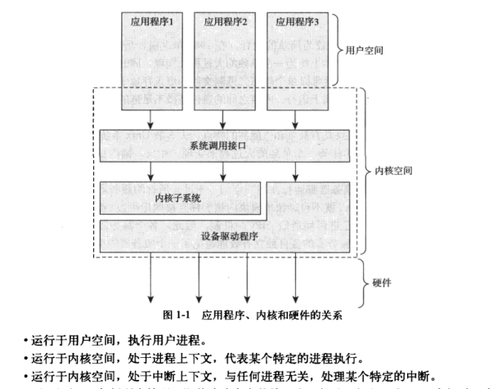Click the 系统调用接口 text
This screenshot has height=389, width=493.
pyautogui.click(x=222, y=146)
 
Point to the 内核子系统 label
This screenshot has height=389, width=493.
pyautogui.click(x=178, y=197)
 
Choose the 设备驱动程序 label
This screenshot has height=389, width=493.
pyautogui.click(x=229, y=236)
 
